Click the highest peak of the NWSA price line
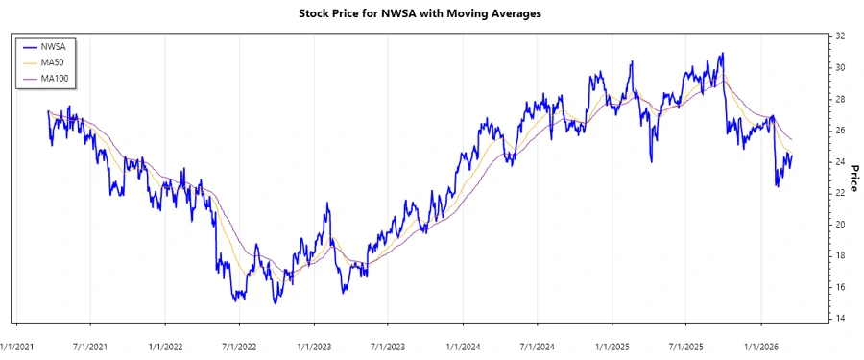722,54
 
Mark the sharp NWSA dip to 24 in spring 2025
651,160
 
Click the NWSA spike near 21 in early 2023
327,204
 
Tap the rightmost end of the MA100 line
792,140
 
